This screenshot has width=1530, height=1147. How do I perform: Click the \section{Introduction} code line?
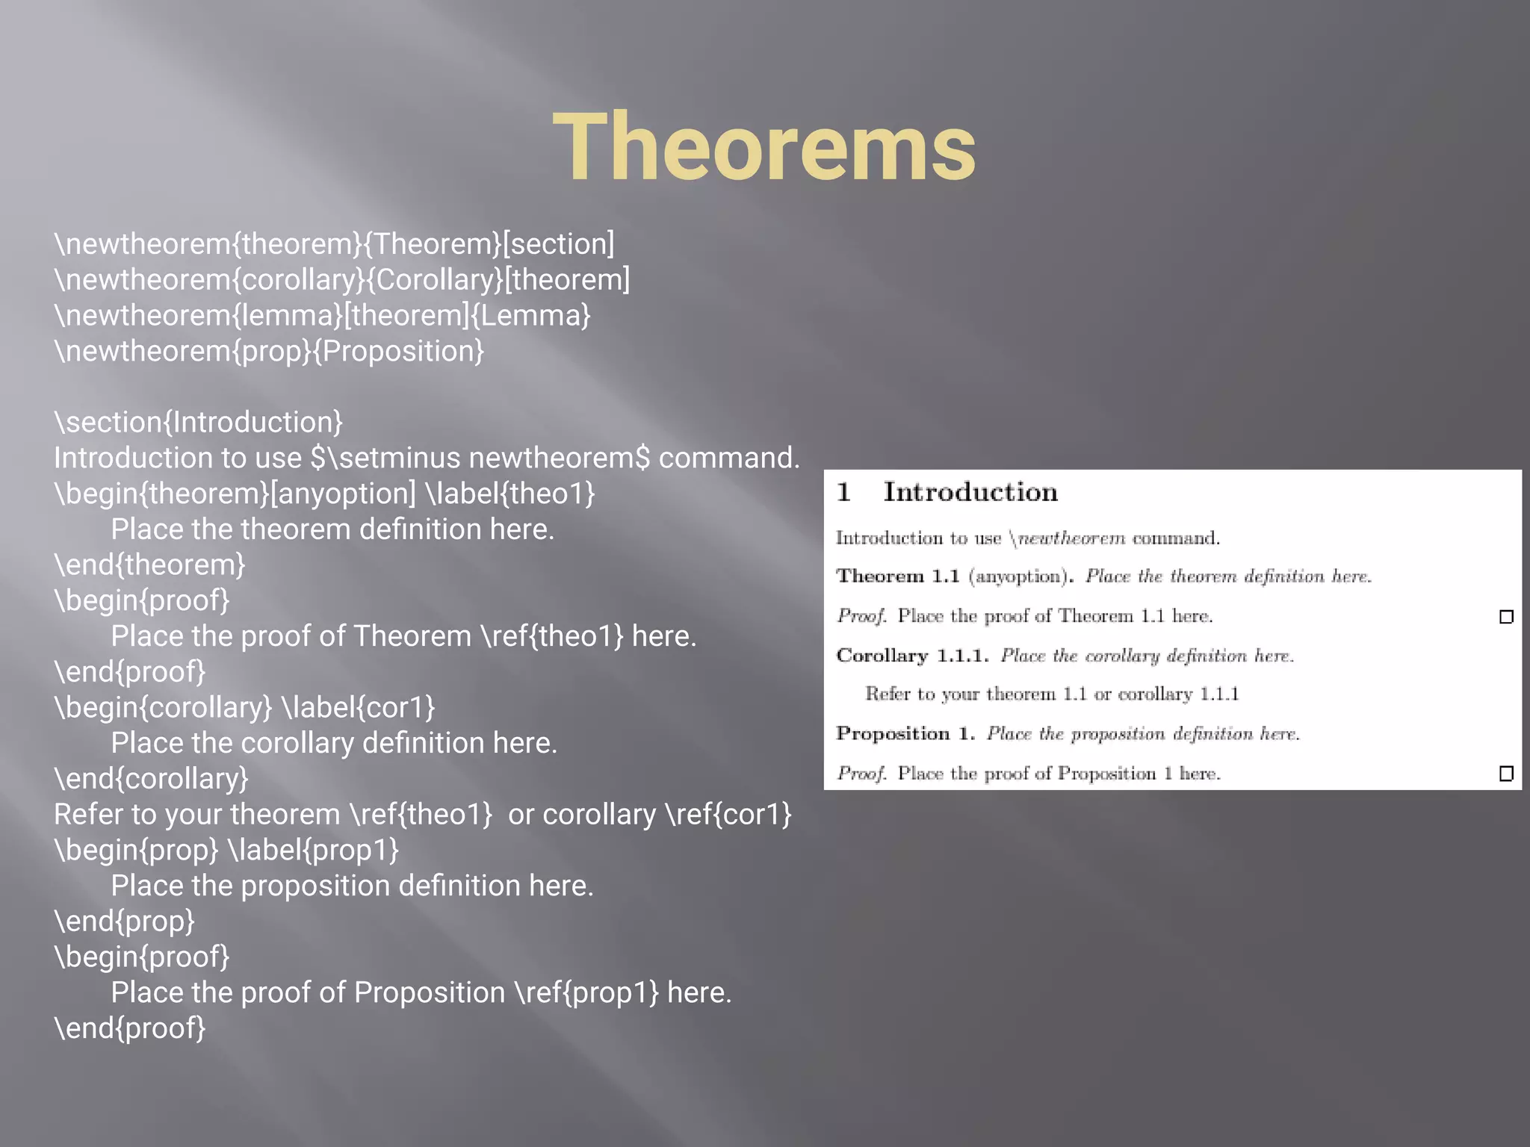198,422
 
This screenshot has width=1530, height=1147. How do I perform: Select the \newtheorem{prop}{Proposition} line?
269,351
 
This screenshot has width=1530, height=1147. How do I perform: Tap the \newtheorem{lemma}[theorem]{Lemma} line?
322,315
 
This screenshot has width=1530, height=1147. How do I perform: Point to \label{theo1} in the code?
510,494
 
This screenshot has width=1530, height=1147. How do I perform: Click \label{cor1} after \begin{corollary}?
358,707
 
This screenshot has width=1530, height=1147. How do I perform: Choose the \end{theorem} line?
149,565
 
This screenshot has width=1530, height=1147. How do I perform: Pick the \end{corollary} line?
151,778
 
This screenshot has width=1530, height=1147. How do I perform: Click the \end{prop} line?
124,921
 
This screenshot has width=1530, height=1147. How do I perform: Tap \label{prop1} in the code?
313,850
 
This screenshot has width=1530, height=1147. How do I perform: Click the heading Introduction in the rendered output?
970,492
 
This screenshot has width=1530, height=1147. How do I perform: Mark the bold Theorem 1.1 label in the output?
897,576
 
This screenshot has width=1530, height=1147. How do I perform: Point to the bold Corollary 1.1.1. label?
912,656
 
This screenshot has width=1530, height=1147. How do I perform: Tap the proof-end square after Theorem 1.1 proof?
1506,617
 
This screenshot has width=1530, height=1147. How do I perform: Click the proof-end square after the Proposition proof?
1506,774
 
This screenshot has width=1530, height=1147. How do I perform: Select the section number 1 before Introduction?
843,492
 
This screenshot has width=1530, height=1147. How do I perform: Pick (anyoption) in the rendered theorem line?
1019,576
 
